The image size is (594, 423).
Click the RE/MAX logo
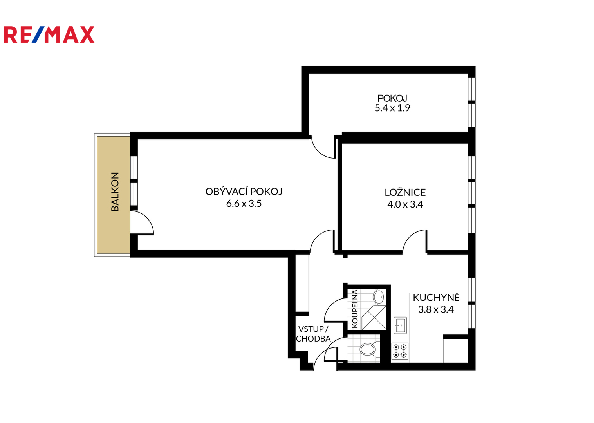coord(49,34)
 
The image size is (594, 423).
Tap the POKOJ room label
coord(392,98)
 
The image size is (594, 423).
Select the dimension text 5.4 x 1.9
coord(392,108)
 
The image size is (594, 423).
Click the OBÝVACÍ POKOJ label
coord(244,191)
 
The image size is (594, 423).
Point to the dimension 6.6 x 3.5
coord(244,203)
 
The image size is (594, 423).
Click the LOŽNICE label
coord(405,192)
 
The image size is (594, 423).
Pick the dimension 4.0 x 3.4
coord(405,204)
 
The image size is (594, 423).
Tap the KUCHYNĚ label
coord(436,297)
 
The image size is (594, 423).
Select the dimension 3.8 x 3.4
coord(436,309)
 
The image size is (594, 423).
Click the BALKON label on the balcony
coord(115,192)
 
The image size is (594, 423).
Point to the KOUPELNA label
coord(355,309)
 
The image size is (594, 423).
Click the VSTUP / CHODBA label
coord(313,334)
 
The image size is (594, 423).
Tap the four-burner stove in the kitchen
coord(400,351)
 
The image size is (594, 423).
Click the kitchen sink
coord(400,325)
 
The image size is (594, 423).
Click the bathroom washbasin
coord(378,297)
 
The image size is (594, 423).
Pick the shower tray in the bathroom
coord(374,318)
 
